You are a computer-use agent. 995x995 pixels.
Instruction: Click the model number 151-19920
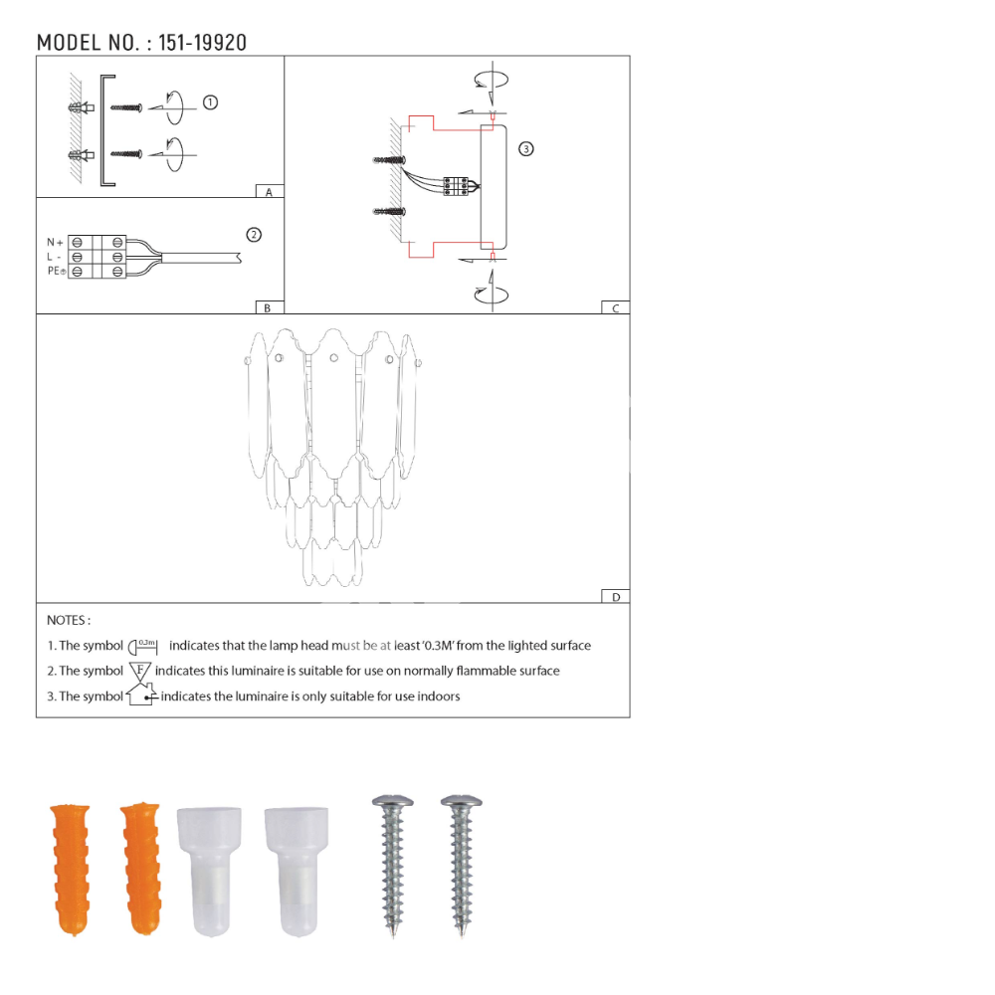click(x=202, y=43)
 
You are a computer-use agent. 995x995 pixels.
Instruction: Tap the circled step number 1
click(x=210, y=102)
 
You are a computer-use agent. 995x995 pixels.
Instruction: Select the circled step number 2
click(x=254, y=235)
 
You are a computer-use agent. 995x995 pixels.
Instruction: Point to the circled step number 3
click(x=526, y=149)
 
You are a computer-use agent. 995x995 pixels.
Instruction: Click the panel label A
click(x=269, y=192)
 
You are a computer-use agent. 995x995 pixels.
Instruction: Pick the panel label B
click(x=267, y=308)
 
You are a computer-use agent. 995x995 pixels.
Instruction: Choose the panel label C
click(x=616, y=308)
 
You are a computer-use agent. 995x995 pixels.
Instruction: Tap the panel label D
click(x=616, y=597)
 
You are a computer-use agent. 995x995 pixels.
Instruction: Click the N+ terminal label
click(x=55, y=243)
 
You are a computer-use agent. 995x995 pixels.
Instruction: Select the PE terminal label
click(x=57, y=271)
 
